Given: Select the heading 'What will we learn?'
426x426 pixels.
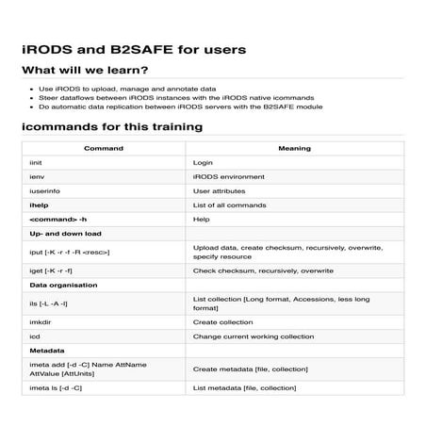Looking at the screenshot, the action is click(84, 71).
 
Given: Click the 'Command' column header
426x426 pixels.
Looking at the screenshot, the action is click(103, 149).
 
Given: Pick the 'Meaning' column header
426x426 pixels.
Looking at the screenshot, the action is click(294, 149).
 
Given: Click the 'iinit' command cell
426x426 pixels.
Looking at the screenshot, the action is click(37, 163).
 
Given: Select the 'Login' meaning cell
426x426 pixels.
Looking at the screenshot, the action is click(203, 163).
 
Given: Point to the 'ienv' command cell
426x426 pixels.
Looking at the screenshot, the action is click(37, 177).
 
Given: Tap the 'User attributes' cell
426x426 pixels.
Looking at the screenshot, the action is click(218, 190).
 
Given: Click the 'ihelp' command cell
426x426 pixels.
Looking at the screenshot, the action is click(39, 205).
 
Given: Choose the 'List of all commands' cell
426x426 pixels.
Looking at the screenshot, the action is click(230, 205).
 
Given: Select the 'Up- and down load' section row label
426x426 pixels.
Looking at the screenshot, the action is click(65, 233).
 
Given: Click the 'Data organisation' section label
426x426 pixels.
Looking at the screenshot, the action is click(63, 284).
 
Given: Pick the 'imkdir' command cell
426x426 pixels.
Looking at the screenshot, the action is click(42, 321).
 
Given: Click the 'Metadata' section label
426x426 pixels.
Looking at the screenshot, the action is click(47, 349).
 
